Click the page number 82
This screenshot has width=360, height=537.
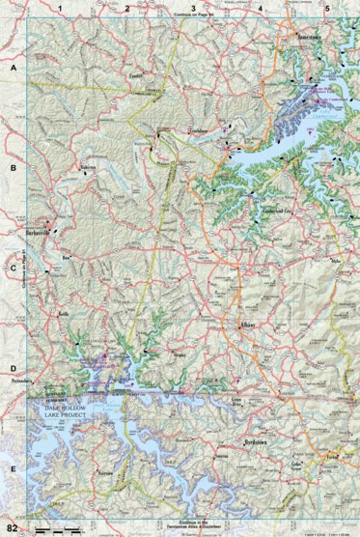click(x=12, y=527)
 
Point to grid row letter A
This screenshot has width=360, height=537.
click(x=13, y=71)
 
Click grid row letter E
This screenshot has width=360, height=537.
click(x=13, y=468)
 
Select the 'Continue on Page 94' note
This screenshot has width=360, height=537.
click(x=193, y=17)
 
